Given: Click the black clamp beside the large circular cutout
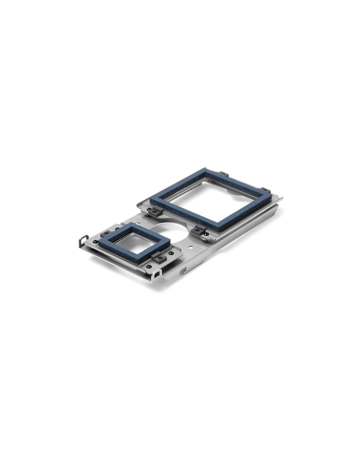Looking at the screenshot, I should point(199,231).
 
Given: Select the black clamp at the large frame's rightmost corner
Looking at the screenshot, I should point(266,191).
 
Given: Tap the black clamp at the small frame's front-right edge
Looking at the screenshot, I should point(158,258).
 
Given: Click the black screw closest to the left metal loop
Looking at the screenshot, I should point(96,242).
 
